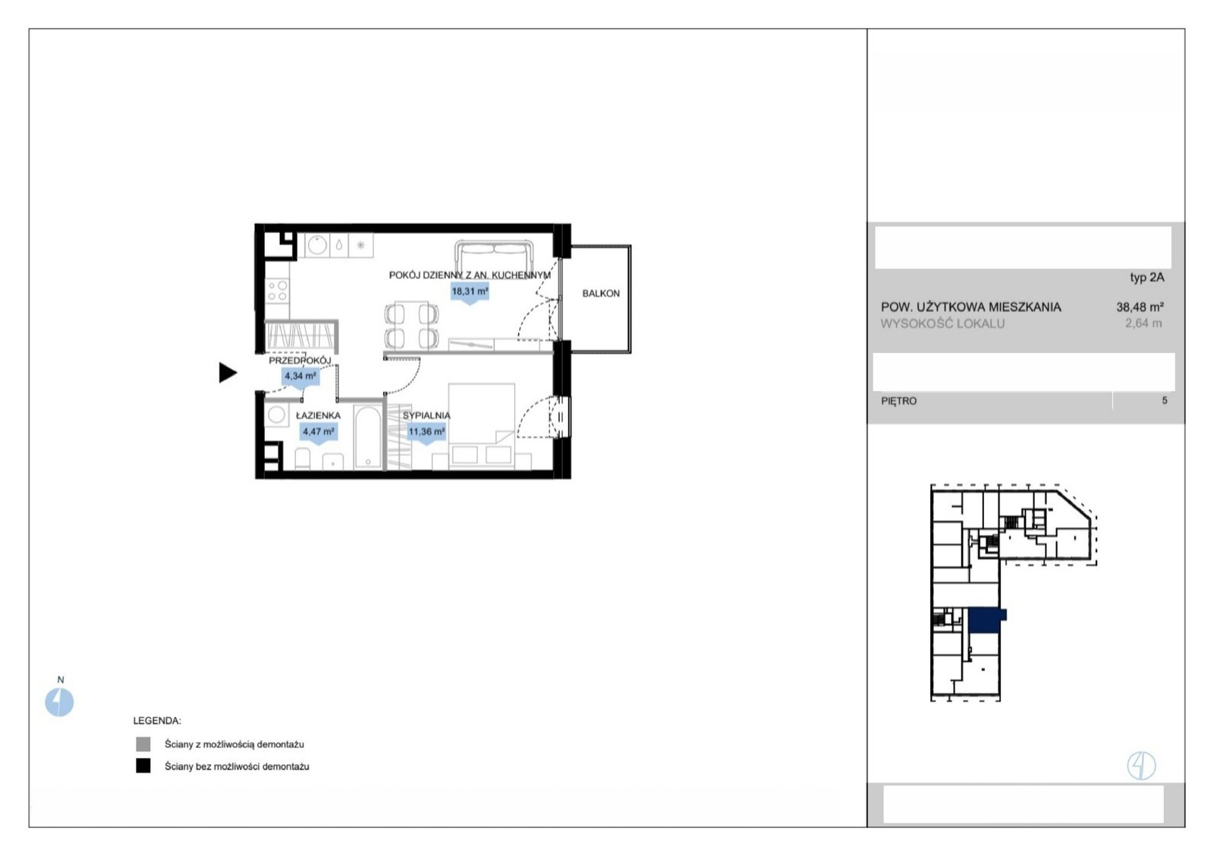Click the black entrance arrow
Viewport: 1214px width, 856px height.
pos(228,373)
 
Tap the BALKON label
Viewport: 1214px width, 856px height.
pos(600,293)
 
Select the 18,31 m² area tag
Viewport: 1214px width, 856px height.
pos(470,292)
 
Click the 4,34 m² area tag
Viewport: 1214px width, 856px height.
pos(300,376)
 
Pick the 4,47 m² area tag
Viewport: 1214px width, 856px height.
pos(318,433)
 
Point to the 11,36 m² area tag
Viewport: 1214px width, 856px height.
pos(426,433)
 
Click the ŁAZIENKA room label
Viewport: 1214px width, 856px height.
pos(318,415)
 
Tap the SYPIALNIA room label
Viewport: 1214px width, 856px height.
pos(426,415)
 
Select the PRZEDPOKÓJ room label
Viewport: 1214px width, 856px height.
pos(300,360)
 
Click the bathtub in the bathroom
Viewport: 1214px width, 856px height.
pos(368,437)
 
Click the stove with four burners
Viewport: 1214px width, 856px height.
pos(277,291)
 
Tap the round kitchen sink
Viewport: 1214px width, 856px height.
pos(317,245)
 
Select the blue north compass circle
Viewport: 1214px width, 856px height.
pos(59,702)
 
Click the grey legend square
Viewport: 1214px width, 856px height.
pos(143,744)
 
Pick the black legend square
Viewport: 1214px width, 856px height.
pos(143,766)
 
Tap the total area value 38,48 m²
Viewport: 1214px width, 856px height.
pos(1140,307)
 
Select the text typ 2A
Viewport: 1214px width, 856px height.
pos(1146,277)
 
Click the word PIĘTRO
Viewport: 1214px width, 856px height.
pos(898,401)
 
